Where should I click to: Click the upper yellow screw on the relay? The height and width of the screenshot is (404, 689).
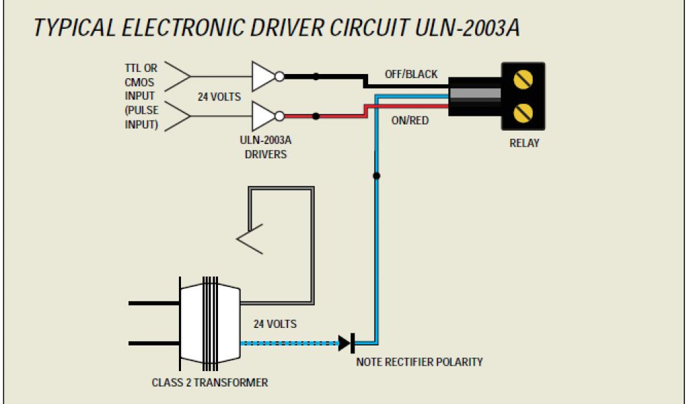[523, 80]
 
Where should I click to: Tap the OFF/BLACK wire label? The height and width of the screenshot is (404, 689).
[410, 74]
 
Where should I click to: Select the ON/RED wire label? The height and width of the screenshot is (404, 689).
[410, 121]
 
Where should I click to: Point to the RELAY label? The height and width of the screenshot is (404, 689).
[524, 143]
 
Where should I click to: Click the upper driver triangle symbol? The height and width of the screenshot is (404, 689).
[264, 77]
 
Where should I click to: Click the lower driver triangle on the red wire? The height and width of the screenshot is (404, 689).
[264, 116]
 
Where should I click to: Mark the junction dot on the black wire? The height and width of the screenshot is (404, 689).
[316, 77]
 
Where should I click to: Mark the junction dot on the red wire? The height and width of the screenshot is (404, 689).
[316, 116]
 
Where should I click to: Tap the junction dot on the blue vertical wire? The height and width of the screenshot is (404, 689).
[376, 176]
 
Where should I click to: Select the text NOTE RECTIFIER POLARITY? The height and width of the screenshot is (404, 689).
[419, 362]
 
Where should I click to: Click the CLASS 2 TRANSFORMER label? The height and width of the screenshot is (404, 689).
[210, 382]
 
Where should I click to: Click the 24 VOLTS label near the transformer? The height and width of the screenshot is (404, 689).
[275, 324]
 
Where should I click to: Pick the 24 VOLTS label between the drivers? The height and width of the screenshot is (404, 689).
[219, 97]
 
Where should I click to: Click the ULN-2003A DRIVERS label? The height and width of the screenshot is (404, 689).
[265, 148]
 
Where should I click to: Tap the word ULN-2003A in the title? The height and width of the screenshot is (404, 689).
[465, 28]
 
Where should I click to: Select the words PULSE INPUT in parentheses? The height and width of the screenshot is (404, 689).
[141, 117]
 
